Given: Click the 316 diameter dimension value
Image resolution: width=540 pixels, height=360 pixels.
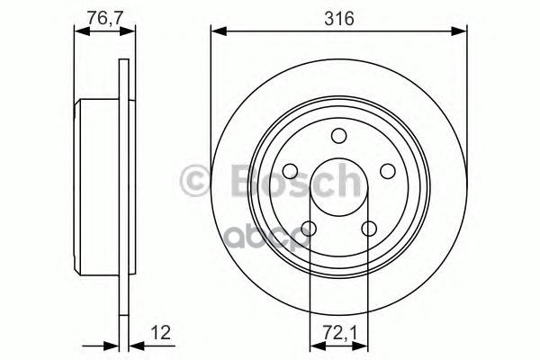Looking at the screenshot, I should (x=340, y=18).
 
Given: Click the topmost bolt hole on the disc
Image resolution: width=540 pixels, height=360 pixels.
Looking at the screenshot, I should (x=339, y=136).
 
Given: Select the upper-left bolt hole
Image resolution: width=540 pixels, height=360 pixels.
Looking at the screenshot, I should (x=291, y=171).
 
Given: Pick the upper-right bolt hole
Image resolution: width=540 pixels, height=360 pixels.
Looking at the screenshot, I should (x=388, y=171).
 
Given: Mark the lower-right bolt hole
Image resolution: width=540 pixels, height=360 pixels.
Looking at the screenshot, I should (x=369, y=229).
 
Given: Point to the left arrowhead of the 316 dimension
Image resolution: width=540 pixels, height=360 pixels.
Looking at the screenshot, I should (x=217, y=32).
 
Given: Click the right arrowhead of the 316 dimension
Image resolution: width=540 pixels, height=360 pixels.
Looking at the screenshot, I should (x=463, y=32).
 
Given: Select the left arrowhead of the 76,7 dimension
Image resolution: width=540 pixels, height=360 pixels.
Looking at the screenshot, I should (x=79, y=32).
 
